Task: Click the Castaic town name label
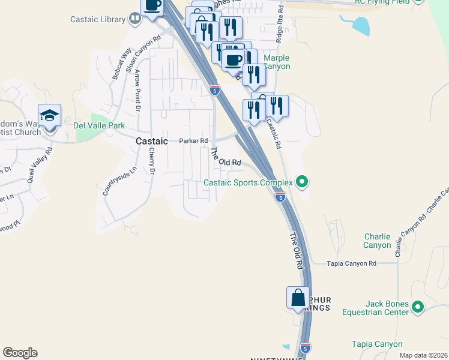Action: pos(152,141)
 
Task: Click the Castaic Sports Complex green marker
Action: pos(303,182)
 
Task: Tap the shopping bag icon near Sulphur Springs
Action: pos(298,298)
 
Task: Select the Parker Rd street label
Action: pos(193,141)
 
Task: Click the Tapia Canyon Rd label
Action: pos(351,263)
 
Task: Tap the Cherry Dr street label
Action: pos(152,161)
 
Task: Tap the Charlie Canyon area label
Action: pos(377,241)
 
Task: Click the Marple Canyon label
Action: pos(277,62)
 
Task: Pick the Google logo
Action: pos(20,353)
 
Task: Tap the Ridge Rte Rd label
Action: pos(279,25)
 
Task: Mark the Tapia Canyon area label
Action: pos(377,344)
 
